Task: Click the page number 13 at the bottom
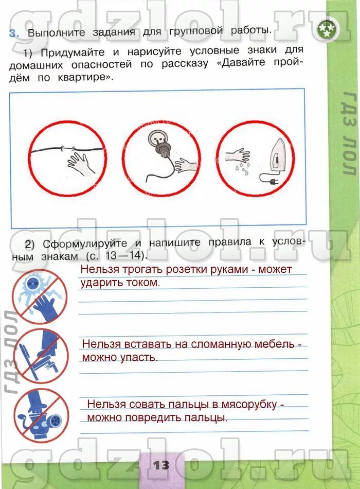pyautogui.click(x=160, y=464)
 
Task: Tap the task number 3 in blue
pyautogui.click(x=13, y=33)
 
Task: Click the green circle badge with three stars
pyautogui.click(x=327, y=30)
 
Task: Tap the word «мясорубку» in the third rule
pyautogui.click(x=246, y=405)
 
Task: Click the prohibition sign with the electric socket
pyautogui.click(x=39, y=296)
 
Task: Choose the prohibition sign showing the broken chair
pyautogui.click(x=40, y=356)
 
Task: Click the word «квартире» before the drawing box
pyautogui.click(x=90, y=78)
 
